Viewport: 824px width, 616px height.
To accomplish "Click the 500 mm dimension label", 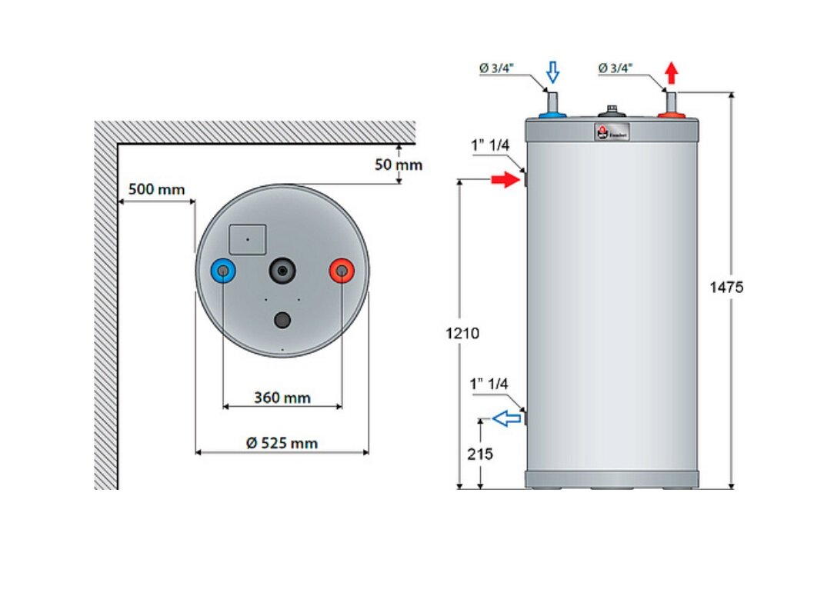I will (x=152, y=189).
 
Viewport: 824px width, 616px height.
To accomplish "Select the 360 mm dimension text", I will (x=282, y=398).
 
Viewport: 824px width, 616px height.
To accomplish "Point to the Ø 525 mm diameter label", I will (x=282, y=443).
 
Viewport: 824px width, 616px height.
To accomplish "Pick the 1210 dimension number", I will (x=462, y=333).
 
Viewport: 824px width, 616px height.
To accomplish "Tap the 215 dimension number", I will (x=480, y=454).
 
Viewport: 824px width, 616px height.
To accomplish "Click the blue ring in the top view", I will (x=223, y=271).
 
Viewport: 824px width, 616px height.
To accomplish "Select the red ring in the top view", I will (x=341, y=271).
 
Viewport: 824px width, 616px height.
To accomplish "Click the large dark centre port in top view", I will (x=282, y=271).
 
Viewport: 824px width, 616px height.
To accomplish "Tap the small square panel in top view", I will (x=248, y=239).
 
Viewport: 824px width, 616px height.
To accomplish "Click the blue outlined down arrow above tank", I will (x=552, y=73).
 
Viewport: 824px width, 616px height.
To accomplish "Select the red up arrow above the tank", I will (x=672, y=73).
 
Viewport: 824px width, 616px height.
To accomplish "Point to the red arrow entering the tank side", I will (x=505, y=180).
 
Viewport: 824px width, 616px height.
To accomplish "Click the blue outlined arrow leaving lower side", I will (x=505, y=418).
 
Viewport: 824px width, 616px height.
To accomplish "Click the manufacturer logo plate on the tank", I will (x=612, y=132).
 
